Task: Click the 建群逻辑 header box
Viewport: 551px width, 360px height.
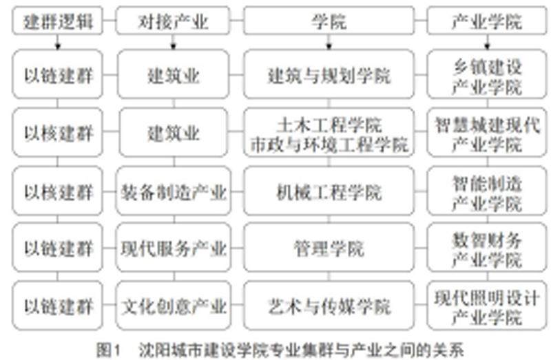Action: coord(58,21)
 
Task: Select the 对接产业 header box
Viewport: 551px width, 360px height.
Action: coord(172,21)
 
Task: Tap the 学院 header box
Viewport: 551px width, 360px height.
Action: coord(329,21)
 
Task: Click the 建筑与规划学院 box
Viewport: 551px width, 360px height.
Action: coord(329,74)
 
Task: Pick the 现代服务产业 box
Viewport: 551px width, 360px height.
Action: coord(172,247)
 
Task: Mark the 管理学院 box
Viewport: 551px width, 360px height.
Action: coord(329,247)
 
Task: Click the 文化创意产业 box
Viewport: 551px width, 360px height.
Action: coord(172,305)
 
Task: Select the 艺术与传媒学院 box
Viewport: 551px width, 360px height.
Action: coord(329,305)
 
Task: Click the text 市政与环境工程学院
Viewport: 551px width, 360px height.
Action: coord(329,145)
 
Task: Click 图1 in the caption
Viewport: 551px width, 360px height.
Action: coord(110,349)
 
